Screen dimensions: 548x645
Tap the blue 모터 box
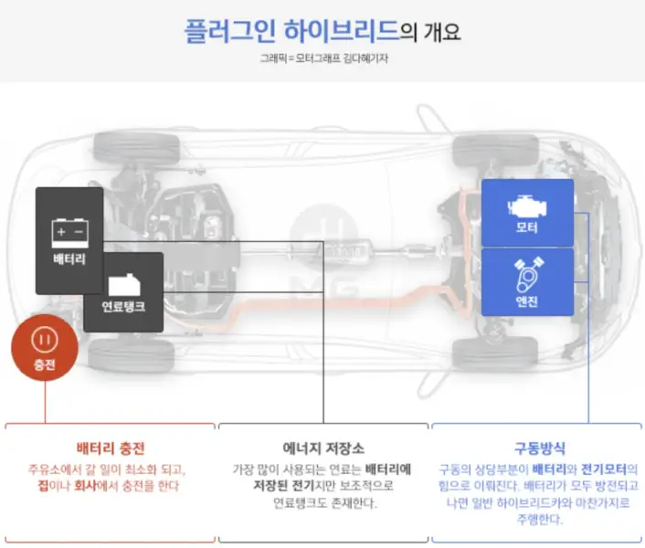click(x=527, y=212)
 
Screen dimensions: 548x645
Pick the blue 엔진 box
click(x=527, y=281)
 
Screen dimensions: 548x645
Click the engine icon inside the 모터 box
click(x=527, y=203)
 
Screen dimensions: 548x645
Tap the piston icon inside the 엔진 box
click(x=527, y=271)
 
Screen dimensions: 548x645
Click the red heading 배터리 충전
click(x=110, y=449)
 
